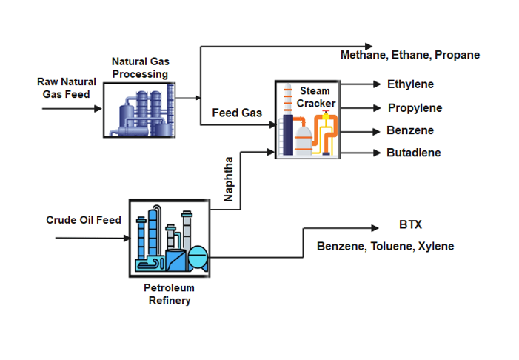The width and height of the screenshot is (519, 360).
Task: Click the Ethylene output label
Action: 409,84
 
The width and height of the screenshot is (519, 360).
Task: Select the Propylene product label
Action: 415,108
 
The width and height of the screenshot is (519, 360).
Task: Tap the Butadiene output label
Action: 413,153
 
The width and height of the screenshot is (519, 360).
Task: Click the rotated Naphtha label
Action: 229,179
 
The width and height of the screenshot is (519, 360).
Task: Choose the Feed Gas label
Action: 237,113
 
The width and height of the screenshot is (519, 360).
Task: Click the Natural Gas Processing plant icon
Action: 140,109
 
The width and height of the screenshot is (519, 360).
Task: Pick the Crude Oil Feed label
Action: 83,220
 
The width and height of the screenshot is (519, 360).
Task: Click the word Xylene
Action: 436,246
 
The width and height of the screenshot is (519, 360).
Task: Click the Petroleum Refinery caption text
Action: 169,294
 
